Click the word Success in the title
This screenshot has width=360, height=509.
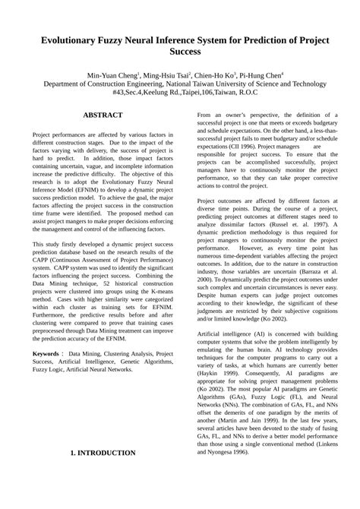pos(180,54)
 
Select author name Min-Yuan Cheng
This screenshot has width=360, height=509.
pos(112,76)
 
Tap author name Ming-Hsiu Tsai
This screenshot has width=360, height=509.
pos(165,76)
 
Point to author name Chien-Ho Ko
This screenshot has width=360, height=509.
pos(215,76)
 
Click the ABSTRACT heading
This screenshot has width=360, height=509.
pos(103,115)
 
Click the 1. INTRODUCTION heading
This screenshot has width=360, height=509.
pos(103,453)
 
